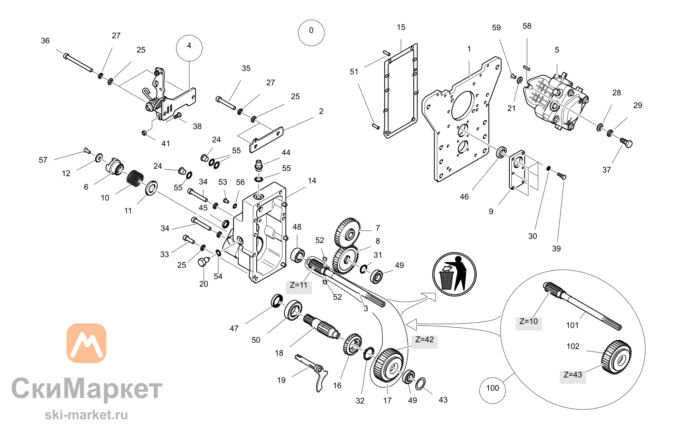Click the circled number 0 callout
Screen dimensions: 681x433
311,33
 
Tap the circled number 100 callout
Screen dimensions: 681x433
492,390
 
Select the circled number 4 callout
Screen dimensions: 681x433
189,48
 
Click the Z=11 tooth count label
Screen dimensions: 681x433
299,285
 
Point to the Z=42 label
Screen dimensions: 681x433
424,340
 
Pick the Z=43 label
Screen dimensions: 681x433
573,375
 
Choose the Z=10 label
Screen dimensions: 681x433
528,321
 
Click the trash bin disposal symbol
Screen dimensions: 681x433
454,274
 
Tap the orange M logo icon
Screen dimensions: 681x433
86,343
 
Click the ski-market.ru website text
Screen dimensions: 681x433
86,415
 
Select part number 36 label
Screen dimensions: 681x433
45,41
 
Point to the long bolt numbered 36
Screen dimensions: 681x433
78,63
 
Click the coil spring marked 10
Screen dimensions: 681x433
135,178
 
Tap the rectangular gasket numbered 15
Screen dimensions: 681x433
400,91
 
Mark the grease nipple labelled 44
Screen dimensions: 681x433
259,165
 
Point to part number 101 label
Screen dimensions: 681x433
572,325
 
